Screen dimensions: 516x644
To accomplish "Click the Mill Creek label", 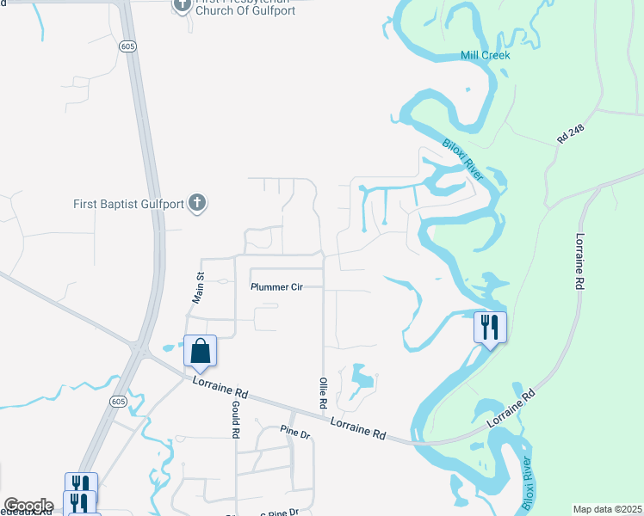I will [x=486, y=55].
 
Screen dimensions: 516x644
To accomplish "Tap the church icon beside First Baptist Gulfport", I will [x=198, y=204].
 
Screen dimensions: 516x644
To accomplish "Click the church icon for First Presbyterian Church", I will [x=182, y=5].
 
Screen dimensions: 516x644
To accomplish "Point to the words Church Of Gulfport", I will [x=246, y=10].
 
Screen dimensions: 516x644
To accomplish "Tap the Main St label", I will [x=199, y=286].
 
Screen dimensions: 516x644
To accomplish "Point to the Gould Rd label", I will [x=234, y=420].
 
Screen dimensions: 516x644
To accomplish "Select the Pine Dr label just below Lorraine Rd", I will [x=294, y=433].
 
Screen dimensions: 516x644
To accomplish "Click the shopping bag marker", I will [x=200, y=351].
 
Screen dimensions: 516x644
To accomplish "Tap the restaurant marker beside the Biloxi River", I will [x=491, y=328].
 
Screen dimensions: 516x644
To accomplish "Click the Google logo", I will [x=28, y=506].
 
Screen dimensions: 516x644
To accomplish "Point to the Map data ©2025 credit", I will [x=606, y=509].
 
